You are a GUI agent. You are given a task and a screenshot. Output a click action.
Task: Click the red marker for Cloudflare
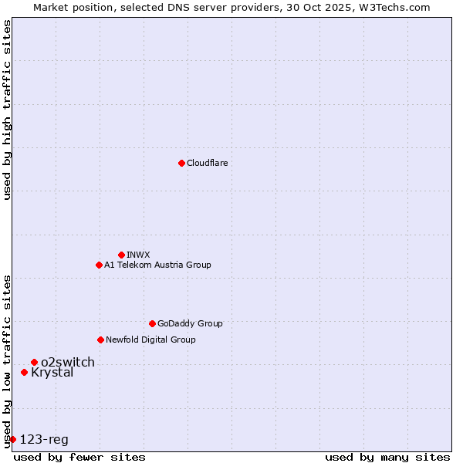tap(181, 163)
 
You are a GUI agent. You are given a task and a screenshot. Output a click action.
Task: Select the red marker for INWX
tap(121, 255)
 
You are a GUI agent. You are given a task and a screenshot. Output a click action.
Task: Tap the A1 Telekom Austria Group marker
tap(99, 265)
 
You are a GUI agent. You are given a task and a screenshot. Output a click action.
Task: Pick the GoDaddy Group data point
tap(152, 323)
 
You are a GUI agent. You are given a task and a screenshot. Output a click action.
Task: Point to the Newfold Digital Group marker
tap(100, 340)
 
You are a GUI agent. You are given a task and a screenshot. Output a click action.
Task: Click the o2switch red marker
tap(34, 362)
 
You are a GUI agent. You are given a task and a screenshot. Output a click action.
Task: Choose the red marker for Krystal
tap(24, 372)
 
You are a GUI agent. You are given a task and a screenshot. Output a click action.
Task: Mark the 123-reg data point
tap(12, 439)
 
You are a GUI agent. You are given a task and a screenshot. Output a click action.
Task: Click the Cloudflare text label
tap(208, 163)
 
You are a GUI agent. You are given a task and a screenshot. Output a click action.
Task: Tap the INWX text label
tap(138, 255)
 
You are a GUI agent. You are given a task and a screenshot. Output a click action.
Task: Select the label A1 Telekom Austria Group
tap(157, 265)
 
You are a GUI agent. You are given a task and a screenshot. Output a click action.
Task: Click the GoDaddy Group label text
tap(190, 323)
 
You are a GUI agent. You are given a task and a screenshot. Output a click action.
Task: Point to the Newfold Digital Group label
tap(150, 340)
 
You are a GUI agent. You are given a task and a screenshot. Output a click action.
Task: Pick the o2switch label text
tap(68, 362)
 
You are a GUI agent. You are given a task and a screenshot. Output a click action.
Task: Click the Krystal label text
tap(52, 373)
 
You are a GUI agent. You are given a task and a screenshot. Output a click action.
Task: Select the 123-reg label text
tap(44, 440)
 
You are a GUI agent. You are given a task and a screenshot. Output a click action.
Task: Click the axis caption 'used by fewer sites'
tap(79, 457)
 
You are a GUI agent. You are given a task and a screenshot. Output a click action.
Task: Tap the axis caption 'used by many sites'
tap(387, 457)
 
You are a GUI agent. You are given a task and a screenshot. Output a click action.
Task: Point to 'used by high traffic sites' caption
tap(7, 110)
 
